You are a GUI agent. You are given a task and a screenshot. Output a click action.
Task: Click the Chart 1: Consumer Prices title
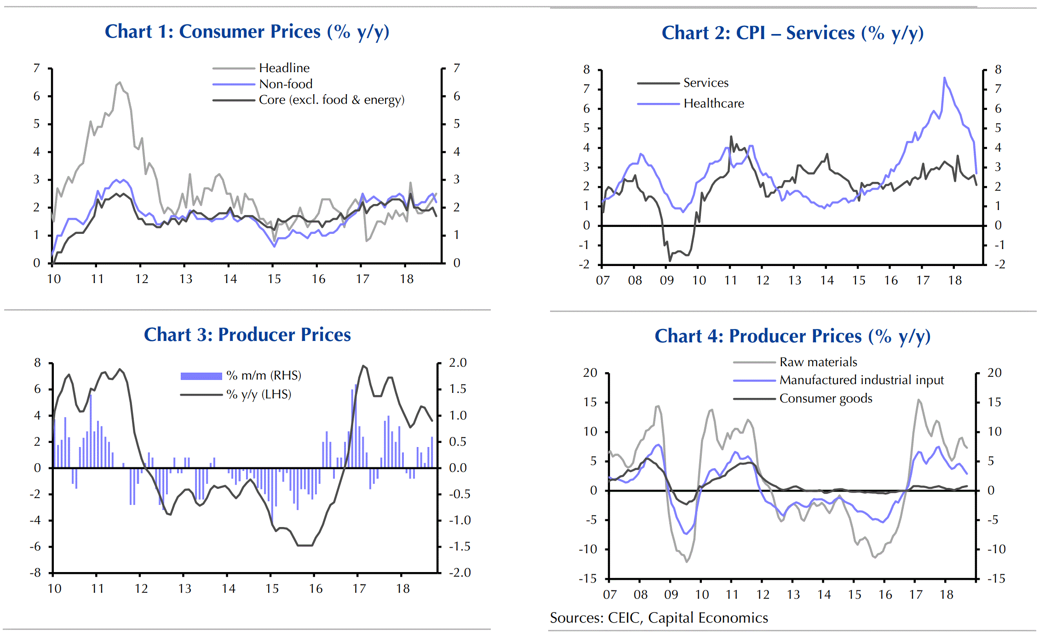[x=247, y=32]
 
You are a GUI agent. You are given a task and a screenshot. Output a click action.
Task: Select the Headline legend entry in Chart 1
[x=284, y=68]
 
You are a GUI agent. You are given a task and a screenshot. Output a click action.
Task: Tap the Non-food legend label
[x=285, y=84]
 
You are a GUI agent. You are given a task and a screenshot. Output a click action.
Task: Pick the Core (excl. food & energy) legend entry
[x=331, y=100]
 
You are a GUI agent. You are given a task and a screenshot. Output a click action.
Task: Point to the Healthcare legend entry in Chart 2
[x=713, y=103]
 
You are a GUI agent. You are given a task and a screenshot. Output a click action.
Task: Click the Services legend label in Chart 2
[x=706, y=83]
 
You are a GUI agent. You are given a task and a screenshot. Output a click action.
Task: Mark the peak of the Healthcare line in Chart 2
[x=944, y=78]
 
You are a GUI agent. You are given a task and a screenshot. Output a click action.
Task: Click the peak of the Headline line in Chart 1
[x=120, y=83]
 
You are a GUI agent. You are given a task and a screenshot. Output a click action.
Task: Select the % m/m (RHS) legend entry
[x=263, y=375]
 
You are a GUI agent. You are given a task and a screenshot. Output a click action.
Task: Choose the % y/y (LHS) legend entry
[x=258, y=394]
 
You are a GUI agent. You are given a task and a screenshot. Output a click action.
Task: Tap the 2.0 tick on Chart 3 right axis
[x=458, y=363]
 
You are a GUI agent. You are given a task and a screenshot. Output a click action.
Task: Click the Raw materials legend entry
[x=818, y=362]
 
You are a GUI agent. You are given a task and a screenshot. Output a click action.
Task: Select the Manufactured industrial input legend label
[x=861, y=380]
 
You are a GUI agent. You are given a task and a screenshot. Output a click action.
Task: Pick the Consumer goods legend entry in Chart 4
[x=826, y=398]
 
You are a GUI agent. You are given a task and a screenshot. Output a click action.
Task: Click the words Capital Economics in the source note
[x=708, y=618]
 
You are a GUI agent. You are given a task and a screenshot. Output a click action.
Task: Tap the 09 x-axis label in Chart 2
[x=666, y=280]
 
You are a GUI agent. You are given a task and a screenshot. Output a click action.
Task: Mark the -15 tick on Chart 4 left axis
[x=587, y=578]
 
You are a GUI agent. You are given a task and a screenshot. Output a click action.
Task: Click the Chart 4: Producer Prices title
[x=792, y=336]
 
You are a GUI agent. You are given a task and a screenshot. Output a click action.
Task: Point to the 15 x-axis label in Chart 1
[x=274, y=279]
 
